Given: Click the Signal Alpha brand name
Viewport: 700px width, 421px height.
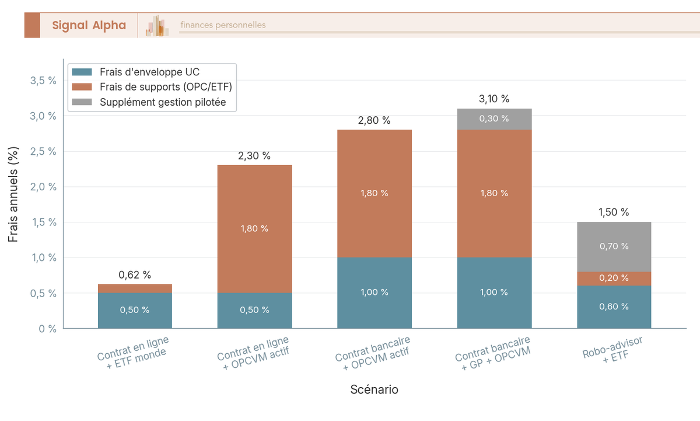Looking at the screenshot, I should pos(89,25).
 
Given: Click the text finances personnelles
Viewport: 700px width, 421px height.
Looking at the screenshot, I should pos(223,25).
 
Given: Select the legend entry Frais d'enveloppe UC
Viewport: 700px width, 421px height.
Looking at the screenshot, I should pos(150,72).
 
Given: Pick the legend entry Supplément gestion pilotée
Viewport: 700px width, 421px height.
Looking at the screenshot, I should pos(162,103).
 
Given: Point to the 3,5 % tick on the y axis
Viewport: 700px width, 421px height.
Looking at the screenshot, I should pos(43,81).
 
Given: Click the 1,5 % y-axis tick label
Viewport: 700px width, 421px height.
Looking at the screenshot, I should pos(43,222).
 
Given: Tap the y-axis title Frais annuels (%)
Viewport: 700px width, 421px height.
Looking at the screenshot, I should pos(13,194).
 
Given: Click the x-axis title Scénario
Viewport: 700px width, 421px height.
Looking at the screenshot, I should pos(374,389).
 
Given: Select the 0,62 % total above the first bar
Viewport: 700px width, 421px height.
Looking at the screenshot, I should pos(135,274).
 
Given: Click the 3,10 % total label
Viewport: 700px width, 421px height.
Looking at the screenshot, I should pos(494,99).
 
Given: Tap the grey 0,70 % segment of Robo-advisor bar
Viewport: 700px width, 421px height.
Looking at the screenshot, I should pos(614,246).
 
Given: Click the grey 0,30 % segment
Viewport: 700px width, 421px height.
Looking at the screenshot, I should pos(494,119).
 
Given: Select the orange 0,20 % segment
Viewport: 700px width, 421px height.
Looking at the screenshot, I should pos(614,279).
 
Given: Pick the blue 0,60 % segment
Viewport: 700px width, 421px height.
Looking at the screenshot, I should pos(614,307).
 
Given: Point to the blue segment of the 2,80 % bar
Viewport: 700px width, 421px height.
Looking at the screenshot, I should pos(374,293).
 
